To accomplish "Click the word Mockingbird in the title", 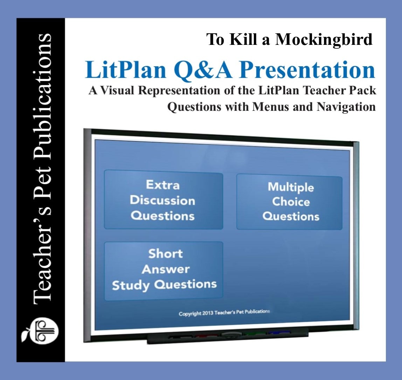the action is tap(324, 40).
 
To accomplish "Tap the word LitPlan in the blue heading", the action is tap(126, 70).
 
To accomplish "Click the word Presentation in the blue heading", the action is tap(307, 70).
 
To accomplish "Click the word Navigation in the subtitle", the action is tap(346, 107).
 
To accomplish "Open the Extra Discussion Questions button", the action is tap(163, 199).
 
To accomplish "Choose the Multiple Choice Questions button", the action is tap(290, 202).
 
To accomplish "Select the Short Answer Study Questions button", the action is tap(164, 270).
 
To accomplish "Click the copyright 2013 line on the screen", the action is tap(224, 312).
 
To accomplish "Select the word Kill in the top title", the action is tap(243, 40).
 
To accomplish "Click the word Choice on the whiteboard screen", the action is tap(291, 202).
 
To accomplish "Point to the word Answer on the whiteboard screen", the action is tap(166, 270).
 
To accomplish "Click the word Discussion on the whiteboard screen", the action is tap(162, 200).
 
